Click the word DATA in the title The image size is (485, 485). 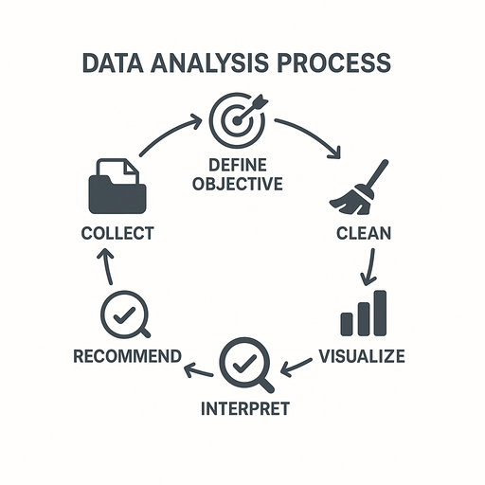click(113, 63)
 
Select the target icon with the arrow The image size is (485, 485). click(239, 120)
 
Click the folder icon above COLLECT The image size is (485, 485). click(117, 186)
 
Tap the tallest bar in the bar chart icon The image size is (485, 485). click(380, 313)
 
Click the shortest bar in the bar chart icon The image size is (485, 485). click(347, 324)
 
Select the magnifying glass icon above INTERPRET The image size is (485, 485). click(246, 365)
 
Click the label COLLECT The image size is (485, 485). click(117, 233)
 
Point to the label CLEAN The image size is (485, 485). click(364, 233)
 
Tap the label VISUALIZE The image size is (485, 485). click(362, 356)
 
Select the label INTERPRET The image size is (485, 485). click(245, 408)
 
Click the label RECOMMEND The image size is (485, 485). click(128, 356)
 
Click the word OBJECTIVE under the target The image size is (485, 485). click(238, 184)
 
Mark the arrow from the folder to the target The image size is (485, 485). click(168, 132)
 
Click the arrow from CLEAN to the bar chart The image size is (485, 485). click(369, 267)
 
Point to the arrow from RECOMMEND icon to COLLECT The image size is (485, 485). click(107, 266)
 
